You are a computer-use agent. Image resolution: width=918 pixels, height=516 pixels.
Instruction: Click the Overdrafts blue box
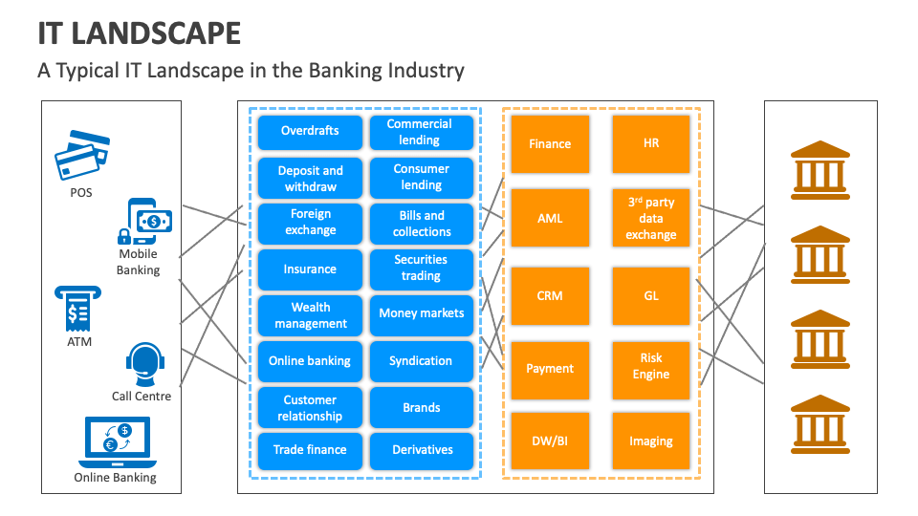pos(310,132)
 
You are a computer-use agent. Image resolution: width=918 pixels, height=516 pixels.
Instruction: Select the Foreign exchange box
pos(310,222)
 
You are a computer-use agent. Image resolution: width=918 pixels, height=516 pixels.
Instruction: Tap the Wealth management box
pos(310,315)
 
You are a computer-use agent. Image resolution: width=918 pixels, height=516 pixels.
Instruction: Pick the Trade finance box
pos(310,449)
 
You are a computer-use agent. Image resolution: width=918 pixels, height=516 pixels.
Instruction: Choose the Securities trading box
pos(421,268)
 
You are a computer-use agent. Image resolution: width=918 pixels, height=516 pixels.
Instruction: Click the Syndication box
pos(421,360)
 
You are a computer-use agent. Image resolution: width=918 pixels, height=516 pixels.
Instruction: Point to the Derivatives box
pos(421,449)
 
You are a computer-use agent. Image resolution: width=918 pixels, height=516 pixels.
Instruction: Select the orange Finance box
pos(550,143)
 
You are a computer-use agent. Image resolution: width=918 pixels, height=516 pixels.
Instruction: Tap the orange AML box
pos(550,218)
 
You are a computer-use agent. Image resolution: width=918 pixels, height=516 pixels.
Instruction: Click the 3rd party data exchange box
pos(651,218)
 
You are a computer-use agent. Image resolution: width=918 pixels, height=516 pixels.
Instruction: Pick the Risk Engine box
pos(651,367)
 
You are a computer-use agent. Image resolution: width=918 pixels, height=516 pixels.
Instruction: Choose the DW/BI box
pos(550,441)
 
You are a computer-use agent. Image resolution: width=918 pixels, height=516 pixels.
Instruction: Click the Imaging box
pos(651,441)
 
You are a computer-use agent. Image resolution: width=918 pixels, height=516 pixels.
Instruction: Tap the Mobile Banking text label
pos(138,262)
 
